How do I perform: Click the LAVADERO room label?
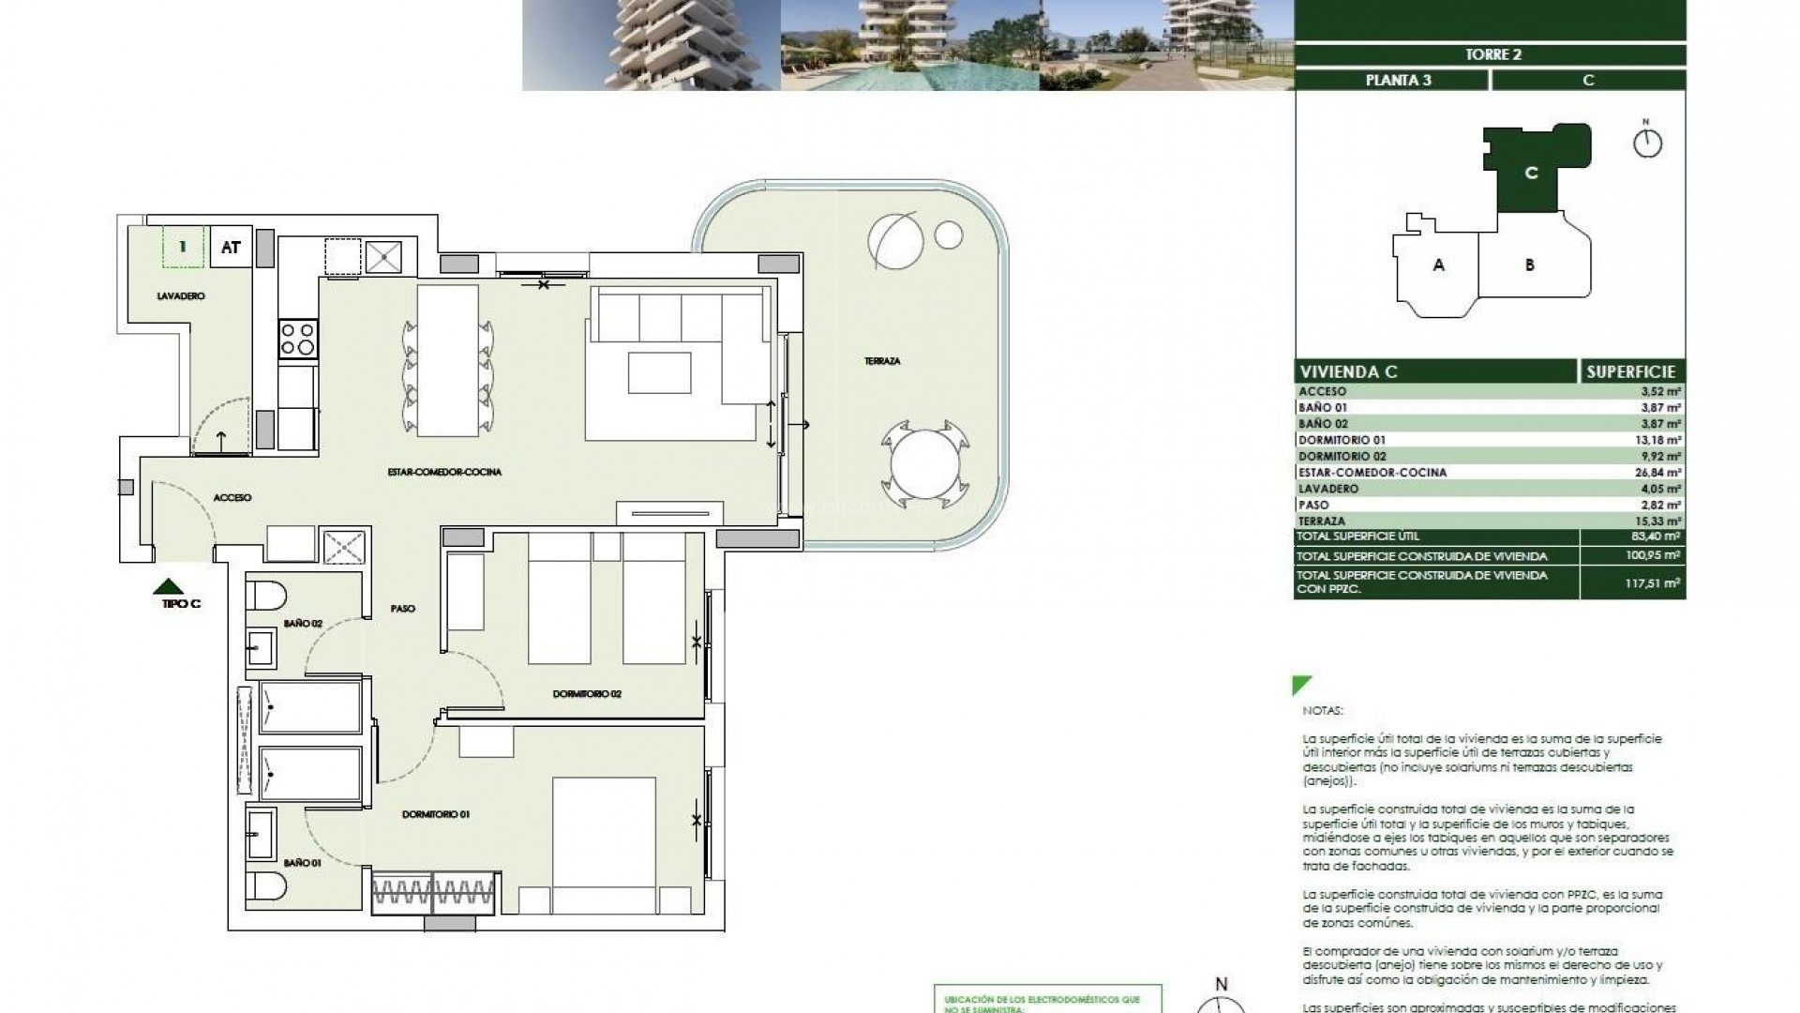[x=181, y=296]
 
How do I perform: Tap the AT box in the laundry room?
[x=231, y=248]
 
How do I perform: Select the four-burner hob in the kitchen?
[x=298, y=339]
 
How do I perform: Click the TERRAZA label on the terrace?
[x=882, y=361]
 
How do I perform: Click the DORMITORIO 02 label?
[x=587, y=694]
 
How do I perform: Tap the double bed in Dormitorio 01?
[x=603, y=844]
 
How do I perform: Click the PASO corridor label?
[x=402, y=609]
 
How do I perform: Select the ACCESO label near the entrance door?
[x=232, y=498]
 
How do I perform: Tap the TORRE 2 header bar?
[x=1492, y=54]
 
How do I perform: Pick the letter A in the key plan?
[x=1438, y=265]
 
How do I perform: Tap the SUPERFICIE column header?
[x=1630, y=371]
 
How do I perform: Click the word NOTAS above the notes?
[x=1323, y=711]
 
